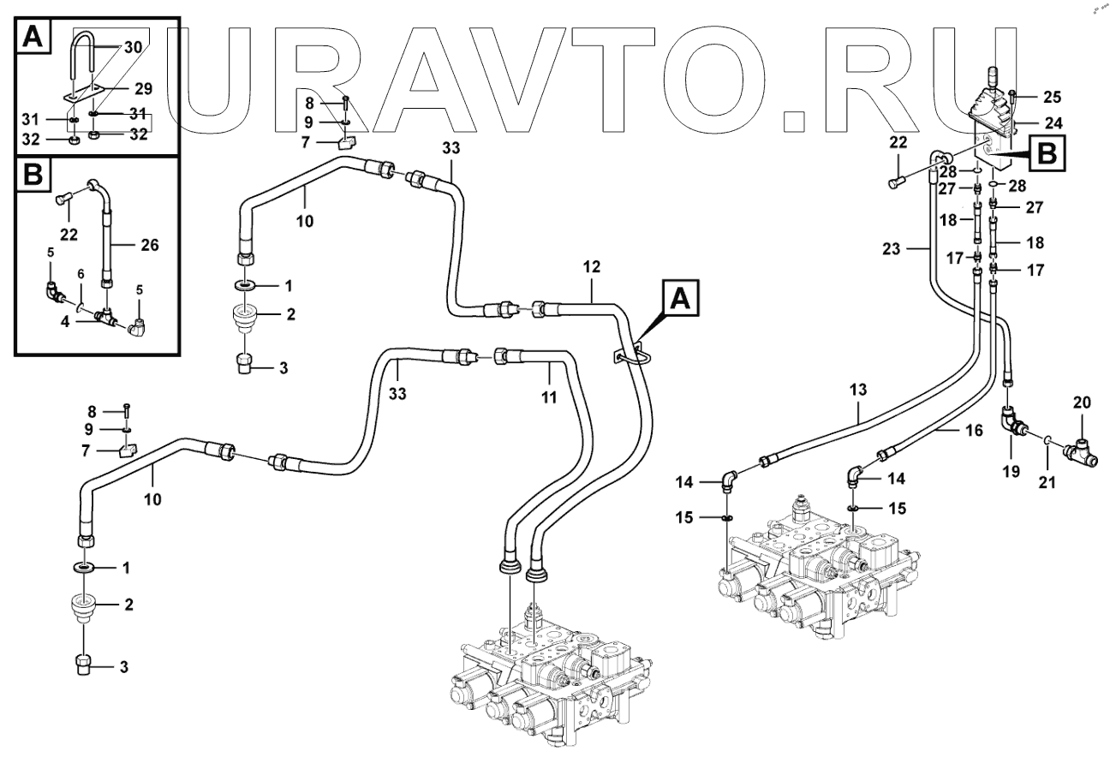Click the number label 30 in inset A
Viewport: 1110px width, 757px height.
[133, 48]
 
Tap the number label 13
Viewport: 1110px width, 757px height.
[859, 390]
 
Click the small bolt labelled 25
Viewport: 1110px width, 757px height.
[1014, 96]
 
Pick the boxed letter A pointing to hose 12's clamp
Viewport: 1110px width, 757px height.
[680, 299]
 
